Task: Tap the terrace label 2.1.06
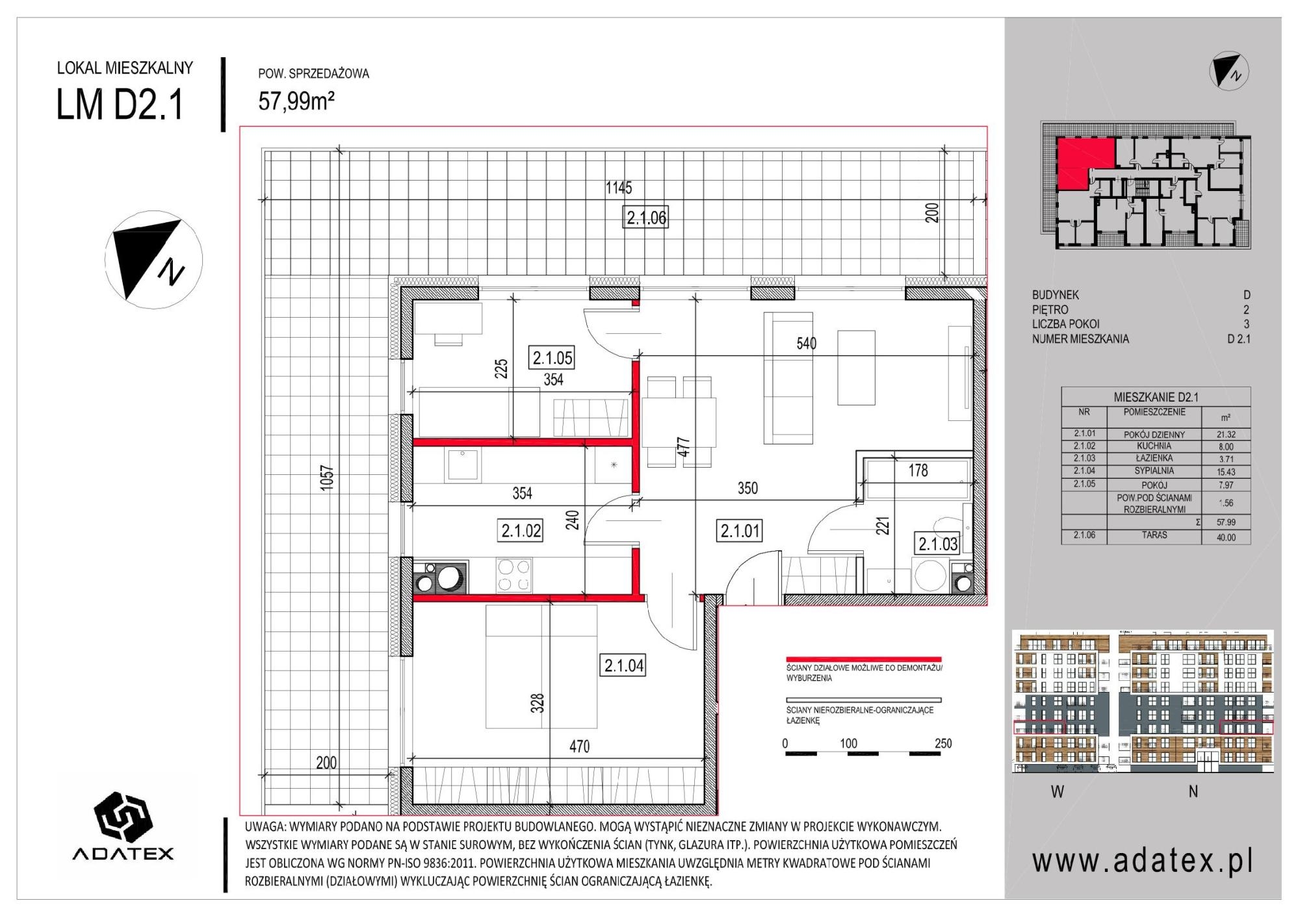pos(646,217)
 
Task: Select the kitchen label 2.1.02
pos(521,531)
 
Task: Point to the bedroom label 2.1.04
pos(624,665)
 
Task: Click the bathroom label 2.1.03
pos(938,544)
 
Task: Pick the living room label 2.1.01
pos(740,531)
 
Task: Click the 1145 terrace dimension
pos(618,188)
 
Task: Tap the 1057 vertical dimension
pos(326,478)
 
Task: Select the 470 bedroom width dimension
pos(579,746)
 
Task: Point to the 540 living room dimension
pos(806,343)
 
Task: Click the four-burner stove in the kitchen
pos(514,575)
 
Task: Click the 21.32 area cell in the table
pos(1225,435)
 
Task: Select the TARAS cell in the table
pos(1154,535)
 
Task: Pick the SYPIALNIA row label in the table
pos(1154,471)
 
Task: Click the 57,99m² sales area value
pos(296,101)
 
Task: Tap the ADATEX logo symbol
pos(123,817)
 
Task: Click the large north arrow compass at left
pos(153,259)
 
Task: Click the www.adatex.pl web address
pos(1143,861)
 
